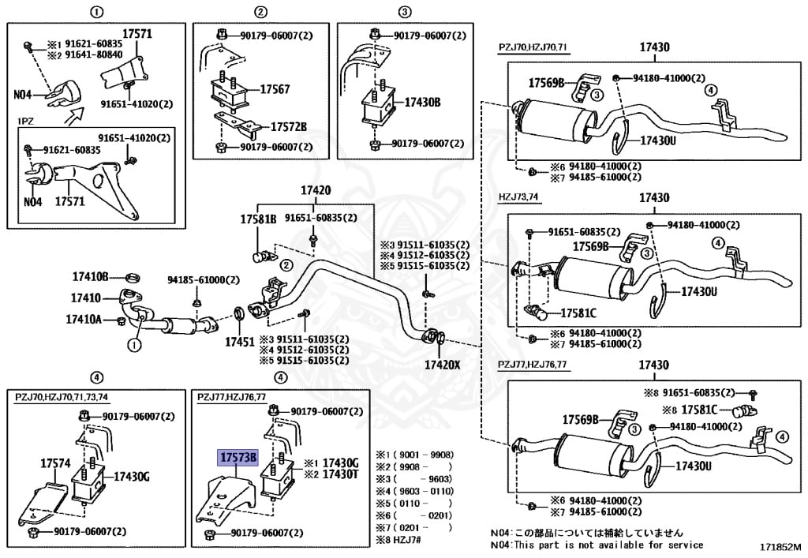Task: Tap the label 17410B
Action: click(89, 277)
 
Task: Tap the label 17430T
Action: click(342, 474)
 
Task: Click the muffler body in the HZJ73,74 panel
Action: click(591, 276)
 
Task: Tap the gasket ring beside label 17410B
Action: click(133, 277)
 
